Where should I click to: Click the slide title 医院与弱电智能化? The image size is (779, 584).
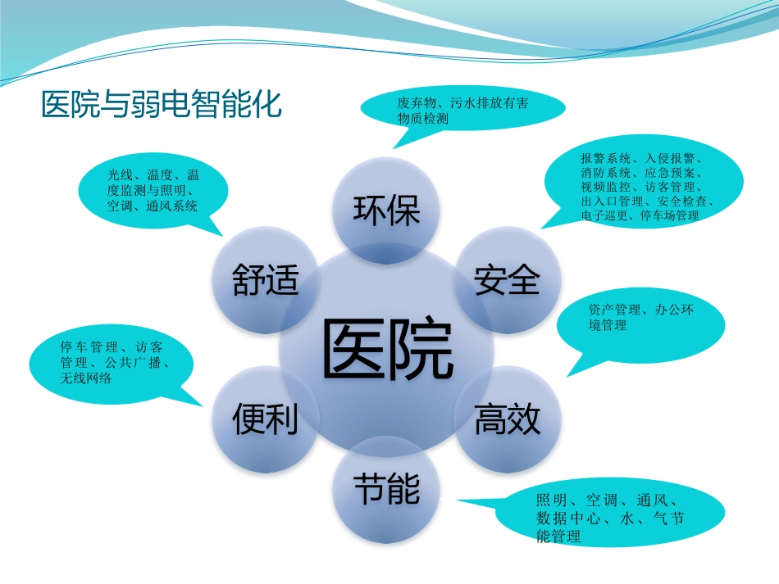tap(162, 105)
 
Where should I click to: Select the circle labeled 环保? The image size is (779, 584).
tap(386, 211)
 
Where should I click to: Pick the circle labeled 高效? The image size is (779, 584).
tap(508, 420)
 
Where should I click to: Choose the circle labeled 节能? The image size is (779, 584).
tap(386, 490)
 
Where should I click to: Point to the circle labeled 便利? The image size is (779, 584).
tap(265, 420)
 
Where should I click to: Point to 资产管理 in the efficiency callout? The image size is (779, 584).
tap(613, 310)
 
